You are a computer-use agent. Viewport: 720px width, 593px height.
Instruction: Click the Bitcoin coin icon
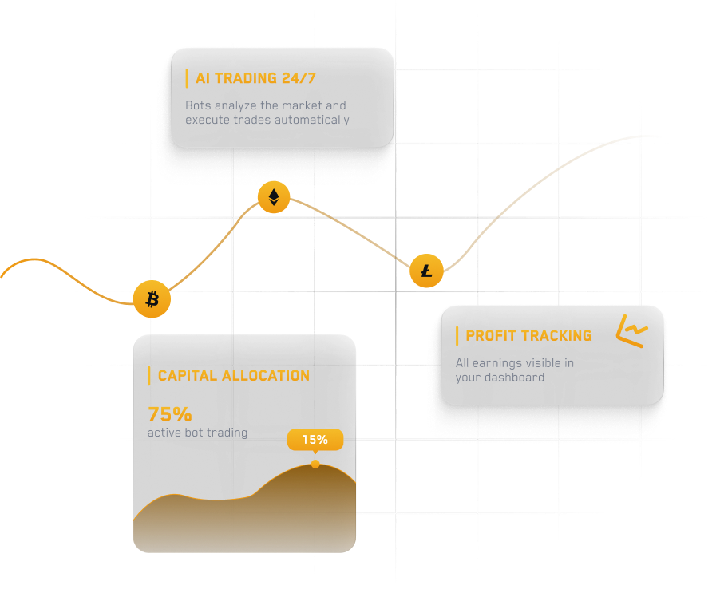pyautogui.click(x=152, y=299)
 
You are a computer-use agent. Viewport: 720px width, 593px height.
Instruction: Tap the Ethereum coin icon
pyautogui.click(x=274, y=197)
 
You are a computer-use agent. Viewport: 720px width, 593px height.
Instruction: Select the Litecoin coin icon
pyautogui.click(x=427, y=271)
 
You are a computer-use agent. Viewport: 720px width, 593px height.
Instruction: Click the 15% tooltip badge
pyautogui.click(x=315, y=439)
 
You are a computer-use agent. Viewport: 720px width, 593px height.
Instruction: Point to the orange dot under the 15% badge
pyautogui.click(x=315, y=464)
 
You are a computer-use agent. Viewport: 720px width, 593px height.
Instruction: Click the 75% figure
pyautogui.click(x=170, y=414)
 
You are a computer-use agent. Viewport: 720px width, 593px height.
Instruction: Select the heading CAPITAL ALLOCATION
pyautogui.click(x=233, y=375)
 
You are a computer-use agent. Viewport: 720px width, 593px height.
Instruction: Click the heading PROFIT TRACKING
pyautogui.click(x=528, y=335)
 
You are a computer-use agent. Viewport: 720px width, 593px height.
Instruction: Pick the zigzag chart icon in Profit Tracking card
pyautogui.click(x=632, y=331)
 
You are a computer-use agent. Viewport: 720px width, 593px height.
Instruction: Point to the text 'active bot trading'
pyautogui.click(x=197, y=433)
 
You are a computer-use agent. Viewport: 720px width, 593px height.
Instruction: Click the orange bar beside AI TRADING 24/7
pyautogui.click(x=187, y=78)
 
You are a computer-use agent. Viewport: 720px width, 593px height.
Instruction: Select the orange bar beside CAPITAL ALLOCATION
pyautogui.click(x=149, y=375)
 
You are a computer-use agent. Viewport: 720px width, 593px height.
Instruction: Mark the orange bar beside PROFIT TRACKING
pyautogui.click(x=457, y=335)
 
